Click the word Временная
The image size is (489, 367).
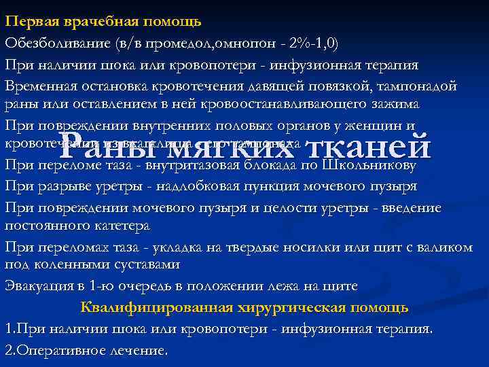click(40, 88)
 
